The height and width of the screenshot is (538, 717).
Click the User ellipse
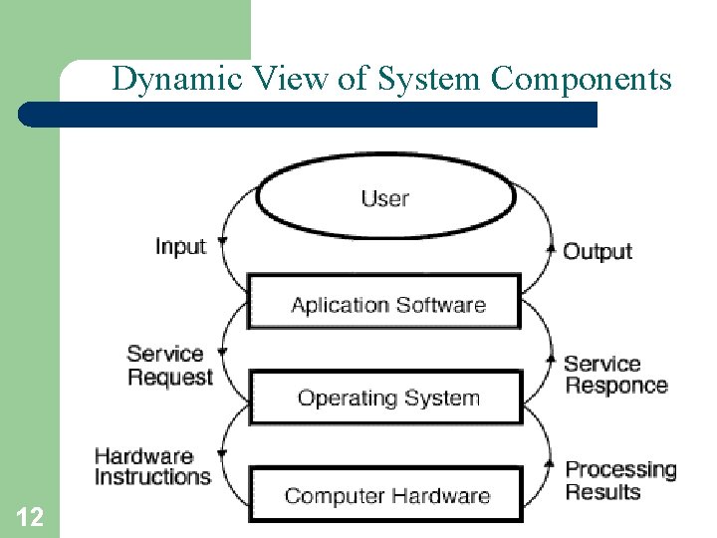[x=385, y=197]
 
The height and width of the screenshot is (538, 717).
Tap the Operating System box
[x=385, y=398]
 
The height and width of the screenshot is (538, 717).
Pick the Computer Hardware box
[x=385, y=494]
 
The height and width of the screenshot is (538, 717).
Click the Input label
[x=180, y=246]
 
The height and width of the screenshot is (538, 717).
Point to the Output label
[x=597, y=251]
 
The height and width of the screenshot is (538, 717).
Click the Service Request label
[x=169, y=365]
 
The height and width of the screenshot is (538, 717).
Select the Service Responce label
[x=615, y=375]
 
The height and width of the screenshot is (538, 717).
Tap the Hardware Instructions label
[x=152, y=466]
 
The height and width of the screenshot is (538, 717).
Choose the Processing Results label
[x=620, y=479]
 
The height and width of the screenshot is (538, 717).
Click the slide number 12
[x=30, y=516]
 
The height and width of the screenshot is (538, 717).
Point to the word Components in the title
[x=582, y=78]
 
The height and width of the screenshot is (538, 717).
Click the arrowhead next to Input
[x=221, y=242]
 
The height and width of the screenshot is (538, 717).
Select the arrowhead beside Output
[x=550, y=248]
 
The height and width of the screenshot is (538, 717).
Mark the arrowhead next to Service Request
[x=221, y=351]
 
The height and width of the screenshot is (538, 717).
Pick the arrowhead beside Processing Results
[x=550, y=465]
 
